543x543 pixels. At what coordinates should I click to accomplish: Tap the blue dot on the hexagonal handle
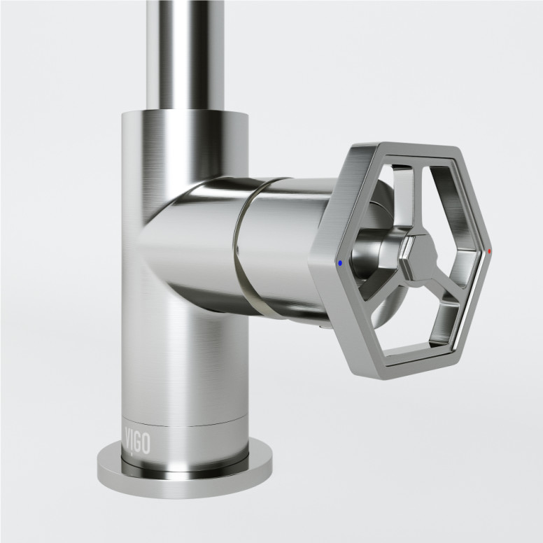point(340,265)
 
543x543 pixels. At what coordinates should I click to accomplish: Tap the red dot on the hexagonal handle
point(489,250)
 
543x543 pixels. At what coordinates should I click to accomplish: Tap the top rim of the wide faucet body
point(183,113)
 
